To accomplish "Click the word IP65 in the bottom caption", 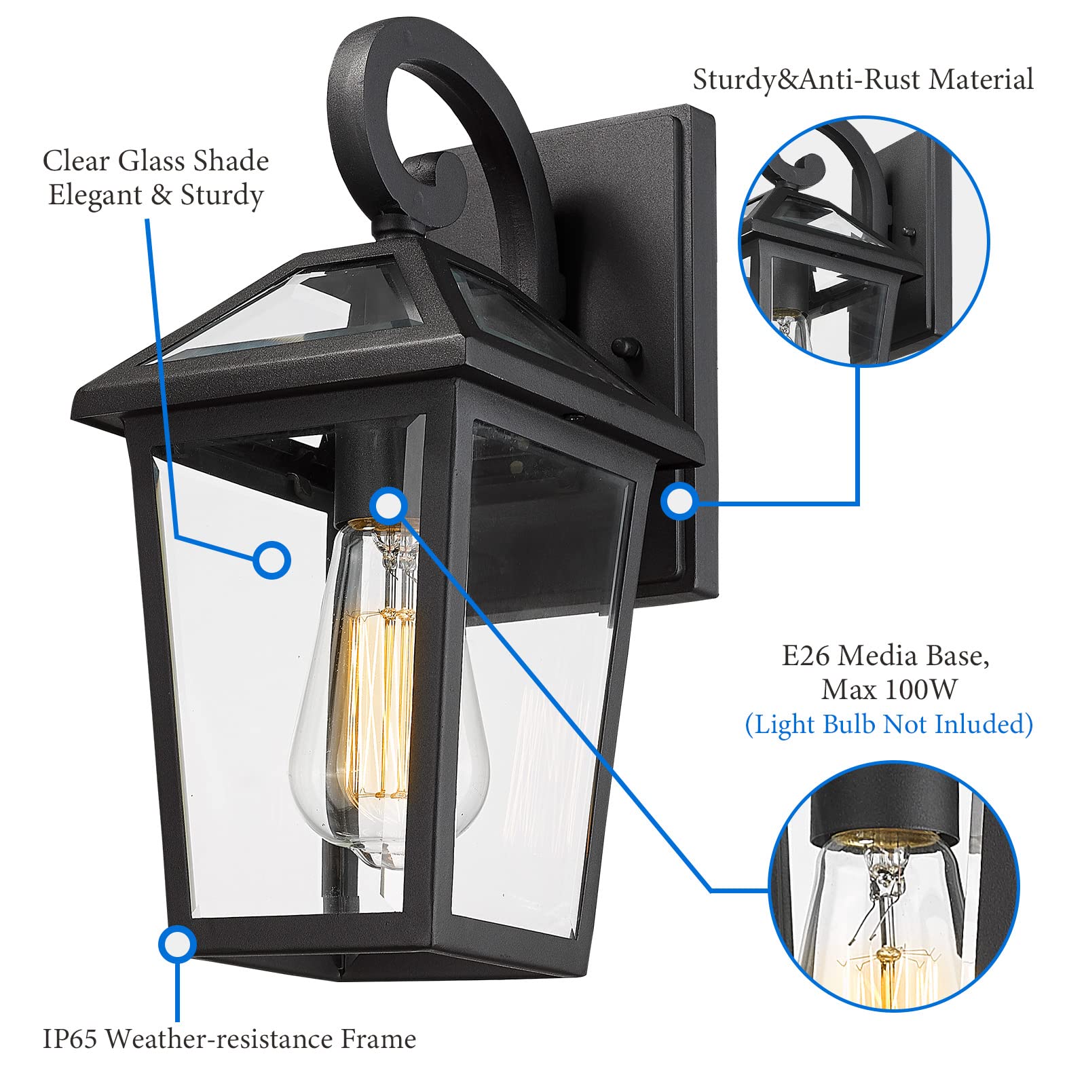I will tap(70, 1039).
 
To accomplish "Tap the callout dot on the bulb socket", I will tap(388, 505).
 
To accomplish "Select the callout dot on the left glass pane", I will tap(271, 561).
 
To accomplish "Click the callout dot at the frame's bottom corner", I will tap(177, 944).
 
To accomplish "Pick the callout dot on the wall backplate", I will tap(679, 502).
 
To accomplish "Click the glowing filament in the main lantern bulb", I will tap(380, 699).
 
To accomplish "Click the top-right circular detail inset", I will tap(863, 242).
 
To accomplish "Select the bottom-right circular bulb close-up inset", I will tap(894, 886).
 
